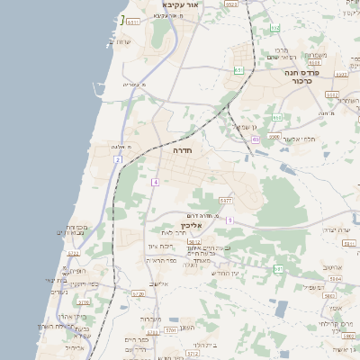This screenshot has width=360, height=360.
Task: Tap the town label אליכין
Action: point(179,225)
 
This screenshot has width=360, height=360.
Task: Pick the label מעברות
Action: point(151,319)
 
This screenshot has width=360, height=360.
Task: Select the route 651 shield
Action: point(238,70)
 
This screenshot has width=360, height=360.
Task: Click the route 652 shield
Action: point(276,118)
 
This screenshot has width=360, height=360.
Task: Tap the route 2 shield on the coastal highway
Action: point(117,160)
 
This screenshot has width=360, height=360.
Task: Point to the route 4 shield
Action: point(155,183)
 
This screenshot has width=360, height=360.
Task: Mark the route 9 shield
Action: point(229,220)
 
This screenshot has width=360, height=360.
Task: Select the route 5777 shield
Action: point(225,200)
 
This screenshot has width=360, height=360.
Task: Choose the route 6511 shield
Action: point(133,22)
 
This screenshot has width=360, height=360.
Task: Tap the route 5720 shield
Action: point(138,293)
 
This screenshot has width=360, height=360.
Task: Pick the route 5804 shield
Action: point(335,279)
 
